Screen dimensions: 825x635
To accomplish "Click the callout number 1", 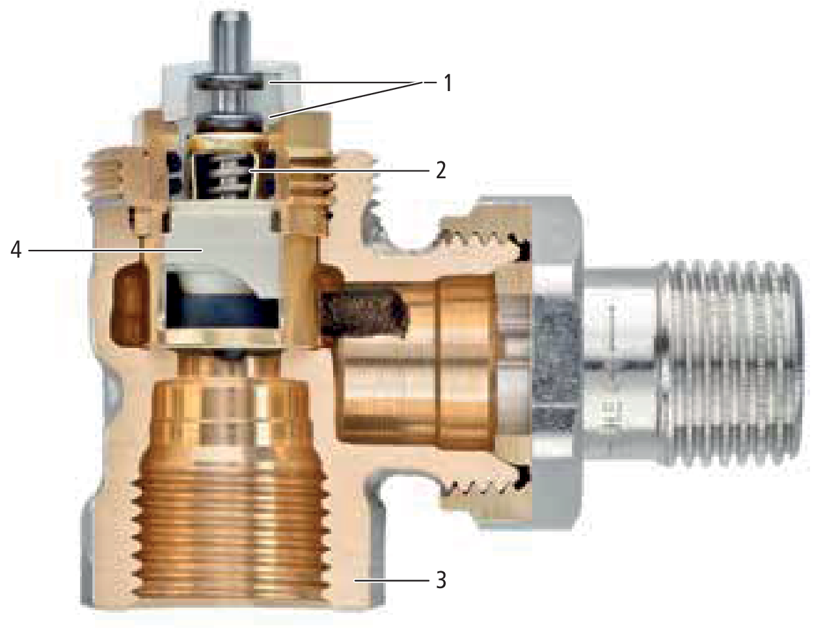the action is [x=448, y=83].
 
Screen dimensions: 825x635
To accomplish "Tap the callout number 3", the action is [x=440, y=580].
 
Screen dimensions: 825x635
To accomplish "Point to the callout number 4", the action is [x=16, y=250].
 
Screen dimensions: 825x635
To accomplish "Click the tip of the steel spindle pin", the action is [x=231, y=14].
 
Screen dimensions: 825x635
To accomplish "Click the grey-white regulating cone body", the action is [x=224, y=243].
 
